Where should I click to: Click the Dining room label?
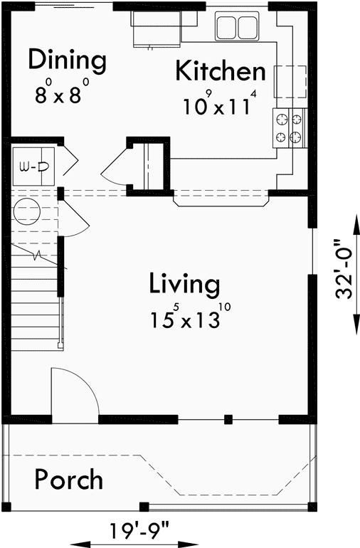(67, 60)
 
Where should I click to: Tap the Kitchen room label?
(221, 72)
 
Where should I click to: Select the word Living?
(184, 284)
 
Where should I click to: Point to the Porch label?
(68, 480)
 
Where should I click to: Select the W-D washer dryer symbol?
(33, 167)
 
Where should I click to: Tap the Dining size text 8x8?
(63, 95)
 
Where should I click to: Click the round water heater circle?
(28, 212)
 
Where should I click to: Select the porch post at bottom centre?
(144, 507)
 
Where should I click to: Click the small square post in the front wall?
(228, 419)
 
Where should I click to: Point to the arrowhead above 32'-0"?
(354, 214)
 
